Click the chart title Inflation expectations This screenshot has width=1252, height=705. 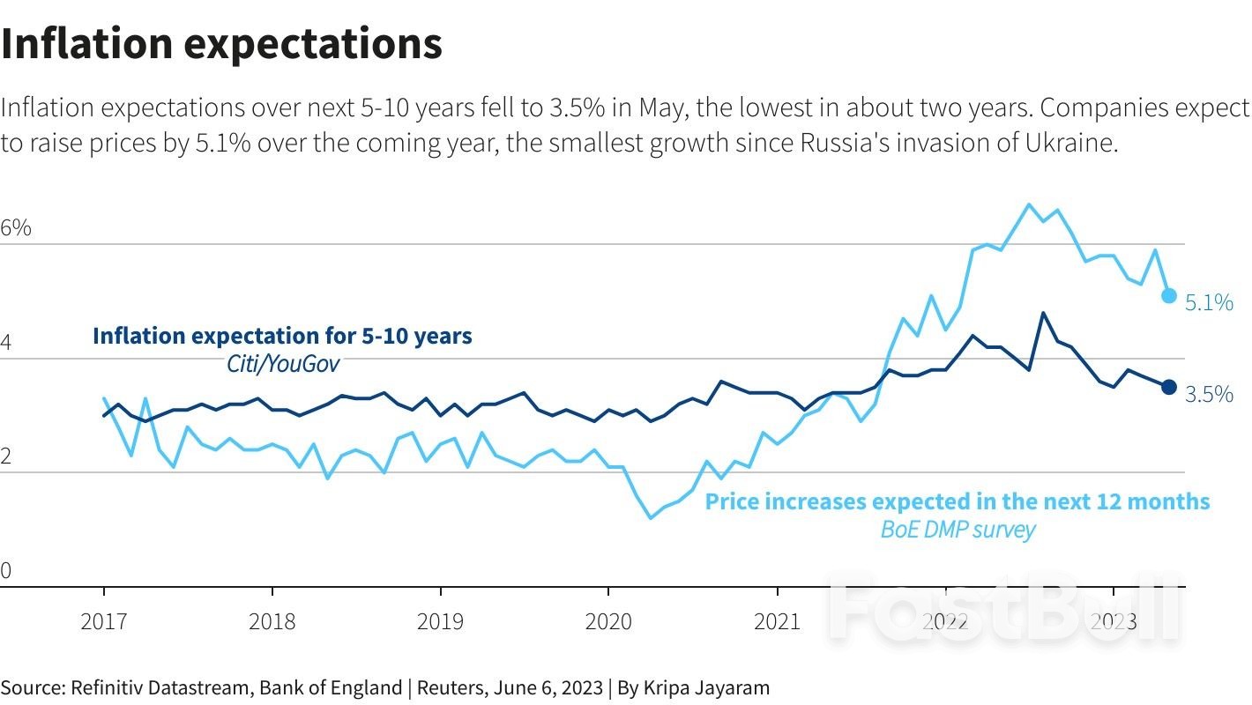coord(221,44)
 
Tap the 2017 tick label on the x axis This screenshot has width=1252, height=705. coord(103,621)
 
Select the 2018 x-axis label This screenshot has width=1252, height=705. coord(272,621)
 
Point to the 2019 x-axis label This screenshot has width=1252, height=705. coord(440,621)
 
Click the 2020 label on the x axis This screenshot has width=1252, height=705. coord(608,621)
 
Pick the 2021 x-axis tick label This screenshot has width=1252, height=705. coord(777,621)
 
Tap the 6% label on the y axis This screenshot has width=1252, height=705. coord(16,228)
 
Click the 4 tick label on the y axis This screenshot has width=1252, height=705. coord(6,343)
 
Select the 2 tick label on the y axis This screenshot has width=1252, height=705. coord(6,456)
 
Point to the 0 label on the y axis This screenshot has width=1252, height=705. coord(6,571)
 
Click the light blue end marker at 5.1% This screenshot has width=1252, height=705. coord(1169,296)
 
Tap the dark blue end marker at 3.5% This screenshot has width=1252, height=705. coord(1169,387)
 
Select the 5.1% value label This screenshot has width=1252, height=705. coord(1209,303)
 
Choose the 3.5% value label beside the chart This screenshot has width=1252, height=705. coord(1209,395)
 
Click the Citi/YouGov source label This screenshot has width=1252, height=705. coord(277,364)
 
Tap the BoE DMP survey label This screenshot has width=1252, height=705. coord(958,530)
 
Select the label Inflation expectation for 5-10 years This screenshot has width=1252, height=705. coord(282,336)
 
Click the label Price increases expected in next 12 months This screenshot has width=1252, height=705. coord(958,501)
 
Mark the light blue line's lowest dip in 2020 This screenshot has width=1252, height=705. coord(651,517)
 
